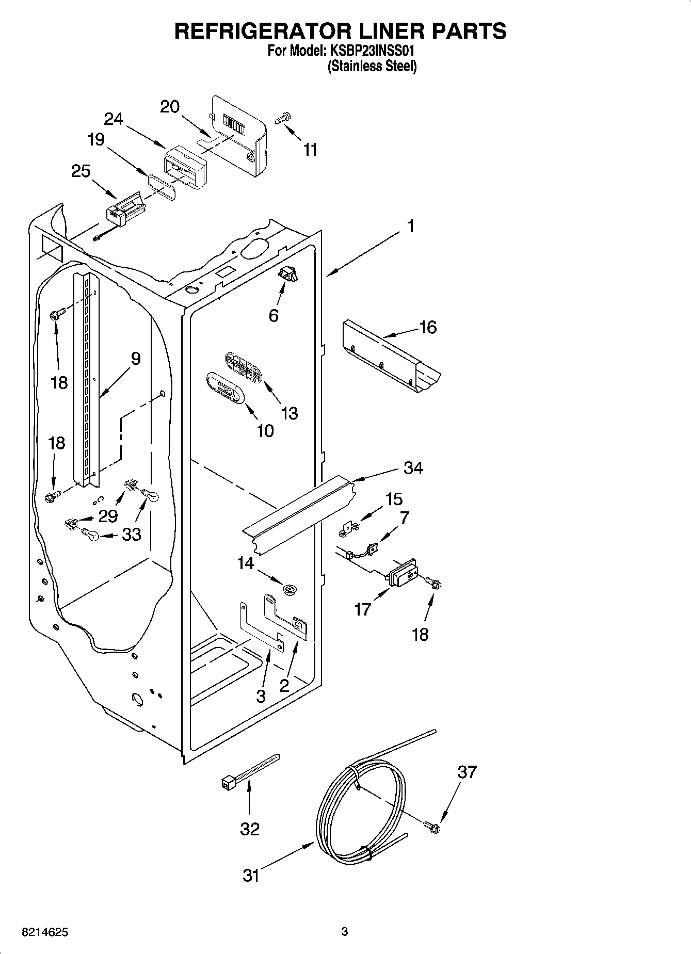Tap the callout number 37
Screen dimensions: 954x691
coord(467,772)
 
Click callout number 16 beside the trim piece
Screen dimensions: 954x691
coord(428,327)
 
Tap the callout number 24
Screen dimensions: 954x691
coord(114,119)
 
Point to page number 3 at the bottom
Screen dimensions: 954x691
coord(345,932)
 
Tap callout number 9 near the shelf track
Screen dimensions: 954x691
coord(135,358)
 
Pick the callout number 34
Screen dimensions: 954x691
coord(413,468)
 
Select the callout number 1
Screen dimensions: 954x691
coord(410,226)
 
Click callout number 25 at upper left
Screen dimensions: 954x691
coord(81,171)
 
